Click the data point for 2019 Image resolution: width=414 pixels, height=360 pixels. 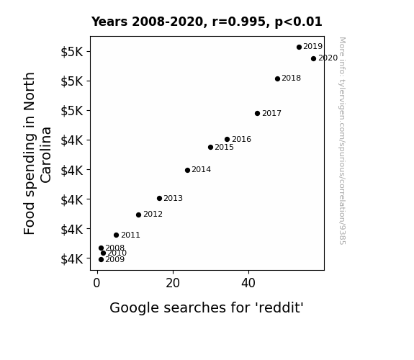pyautogui.click(x=299, y=47)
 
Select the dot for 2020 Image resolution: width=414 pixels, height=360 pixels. pyautogui.click(x=313, y=58)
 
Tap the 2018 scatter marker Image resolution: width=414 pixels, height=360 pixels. pyautogui.click(x=277, y=78)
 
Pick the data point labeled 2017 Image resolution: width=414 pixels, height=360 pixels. pyautogui.click(x=258, y=113)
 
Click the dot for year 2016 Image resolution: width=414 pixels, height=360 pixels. pyautogui.click(x=227, y=139)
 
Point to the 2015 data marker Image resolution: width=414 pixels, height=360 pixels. pyautogui.click(x=210, y=147)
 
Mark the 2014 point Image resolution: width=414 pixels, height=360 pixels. pyautogui.click(x=187, y=170)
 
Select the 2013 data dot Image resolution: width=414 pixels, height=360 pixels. pyautogui.click(x=159, y=198)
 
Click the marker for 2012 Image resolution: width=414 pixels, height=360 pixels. pyautogui.click(x=139, y=215)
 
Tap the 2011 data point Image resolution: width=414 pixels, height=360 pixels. pyautogui.click(x=116, y=235)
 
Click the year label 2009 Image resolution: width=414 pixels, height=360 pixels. pyautogui.click(x=115, y=259)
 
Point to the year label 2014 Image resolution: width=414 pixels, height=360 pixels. pyautogui.click(x=201, y=170)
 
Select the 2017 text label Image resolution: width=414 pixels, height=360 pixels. pyautogui.click(x=271, y=113)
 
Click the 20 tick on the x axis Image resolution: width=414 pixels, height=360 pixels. pyautogui.click(x=173, y=283)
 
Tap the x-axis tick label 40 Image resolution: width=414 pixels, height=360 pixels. pyautogui.click(x=248, y=283)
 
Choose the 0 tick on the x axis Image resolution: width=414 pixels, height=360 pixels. pyautogui.click(x=96, y=283)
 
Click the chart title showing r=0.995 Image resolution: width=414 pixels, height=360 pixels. pyautogui.click(x=207, y=22)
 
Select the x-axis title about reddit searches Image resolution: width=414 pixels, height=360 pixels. pyautogui.click(x=207, y=307)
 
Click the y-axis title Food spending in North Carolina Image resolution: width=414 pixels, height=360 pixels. pyautogui.click(x=37, y=153)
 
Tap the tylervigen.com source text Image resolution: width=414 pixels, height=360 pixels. pyautogui.click(x=342, y=141)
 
